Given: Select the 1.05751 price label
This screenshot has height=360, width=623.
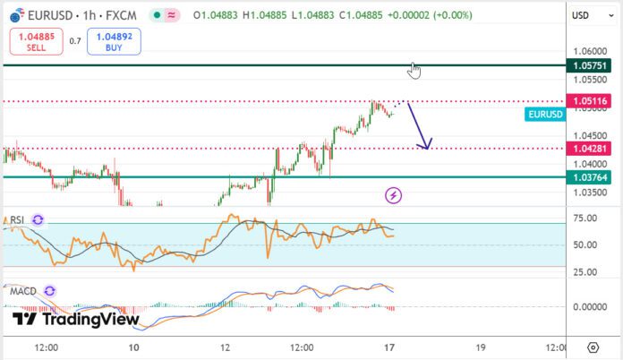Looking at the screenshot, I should (591, 65).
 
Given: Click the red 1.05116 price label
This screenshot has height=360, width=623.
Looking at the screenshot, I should (591, 101).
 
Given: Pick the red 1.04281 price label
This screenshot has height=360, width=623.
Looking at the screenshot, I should (591, 148).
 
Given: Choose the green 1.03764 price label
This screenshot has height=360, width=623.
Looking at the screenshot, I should (591, 177).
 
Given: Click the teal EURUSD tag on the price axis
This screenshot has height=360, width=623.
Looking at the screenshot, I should (545, 115).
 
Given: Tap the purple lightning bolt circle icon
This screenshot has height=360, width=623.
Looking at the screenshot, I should (393, 194).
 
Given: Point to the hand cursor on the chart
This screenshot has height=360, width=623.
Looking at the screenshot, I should (414, 70).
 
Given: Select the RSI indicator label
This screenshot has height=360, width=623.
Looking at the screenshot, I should (17, 220).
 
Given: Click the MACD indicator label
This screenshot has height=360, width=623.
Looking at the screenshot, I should (23, 291).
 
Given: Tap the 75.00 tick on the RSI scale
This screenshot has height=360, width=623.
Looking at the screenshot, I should (585, 218).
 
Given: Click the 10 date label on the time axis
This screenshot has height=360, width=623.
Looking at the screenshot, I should (134, 347).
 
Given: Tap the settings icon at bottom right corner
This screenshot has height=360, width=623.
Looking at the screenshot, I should (593, 347).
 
